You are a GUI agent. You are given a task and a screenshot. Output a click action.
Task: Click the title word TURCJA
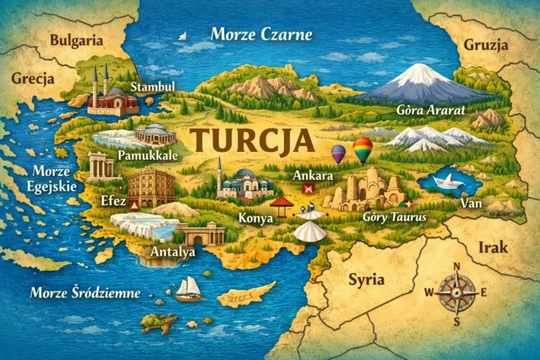(251, 139)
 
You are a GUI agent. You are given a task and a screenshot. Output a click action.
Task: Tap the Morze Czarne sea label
(261, 34)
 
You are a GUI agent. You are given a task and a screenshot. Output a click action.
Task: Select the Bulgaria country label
(76, 40)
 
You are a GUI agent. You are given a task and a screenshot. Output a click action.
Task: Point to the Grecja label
(32, 77)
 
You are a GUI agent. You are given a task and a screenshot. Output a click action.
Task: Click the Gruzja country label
(485, 45)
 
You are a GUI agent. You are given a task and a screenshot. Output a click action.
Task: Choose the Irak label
(492, 247)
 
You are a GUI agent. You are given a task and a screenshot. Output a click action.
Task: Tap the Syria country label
(366, 279)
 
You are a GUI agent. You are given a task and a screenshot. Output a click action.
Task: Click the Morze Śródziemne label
(85, 292)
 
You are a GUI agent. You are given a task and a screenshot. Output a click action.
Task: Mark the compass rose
(456, 292)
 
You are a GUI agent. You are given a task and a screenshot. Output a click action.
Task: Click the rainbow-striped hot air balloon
(363, 149)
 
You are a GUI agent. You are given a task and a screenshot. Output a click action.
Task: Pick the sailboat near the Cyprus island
(188, 288)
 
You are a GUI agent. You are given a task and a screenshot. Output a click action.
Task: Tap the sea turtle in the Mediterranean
(157, 323)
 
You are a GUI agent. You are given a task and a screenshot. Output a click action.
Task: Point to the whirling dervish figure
(310, 224)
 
